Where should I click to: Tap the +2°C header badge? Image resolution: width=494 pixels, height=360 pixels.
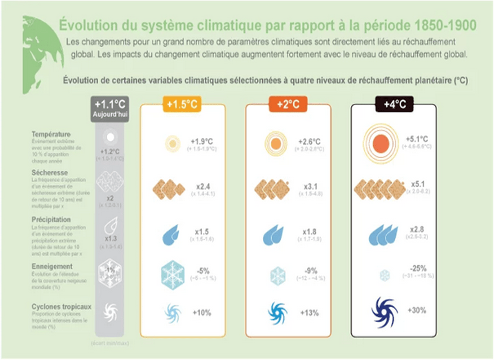click(288, 104)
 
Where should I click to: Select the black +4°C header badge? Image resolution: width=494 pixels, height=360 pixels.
click(394, 104)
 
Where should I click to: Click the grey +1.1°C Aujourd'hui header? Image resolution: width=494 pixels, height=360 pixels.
click(111, 107)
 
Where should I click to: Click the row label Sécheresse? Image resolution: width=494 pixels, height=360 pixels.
click(50, 173)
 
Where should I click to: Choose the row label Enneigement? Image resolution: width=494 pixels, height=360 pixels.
click(52, 266)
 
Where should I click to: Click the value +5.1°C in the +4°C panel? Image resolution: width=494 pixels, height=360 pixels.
click(417, 139)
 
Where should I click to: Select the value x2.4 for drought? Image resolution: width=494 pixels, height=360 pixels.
click(202, 186)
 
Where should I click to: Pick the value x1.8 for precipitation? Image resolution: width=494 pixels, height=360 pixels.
click(310, 232)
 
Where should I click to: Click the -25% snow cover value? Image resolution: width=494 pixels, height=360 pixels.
click(418, 268)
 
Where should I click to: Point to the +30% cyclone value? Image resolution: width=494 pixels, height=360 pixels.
click(417, 310)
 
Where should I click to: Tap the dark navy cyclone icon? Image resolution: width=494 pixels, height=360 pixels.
click(385, 312)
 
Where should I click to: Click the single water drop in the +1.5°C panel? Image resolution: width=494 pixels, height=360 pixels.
click(172, 236)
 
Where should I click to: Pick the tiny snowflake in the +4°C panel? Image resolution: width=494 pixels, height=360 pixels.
click(385, 275)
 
